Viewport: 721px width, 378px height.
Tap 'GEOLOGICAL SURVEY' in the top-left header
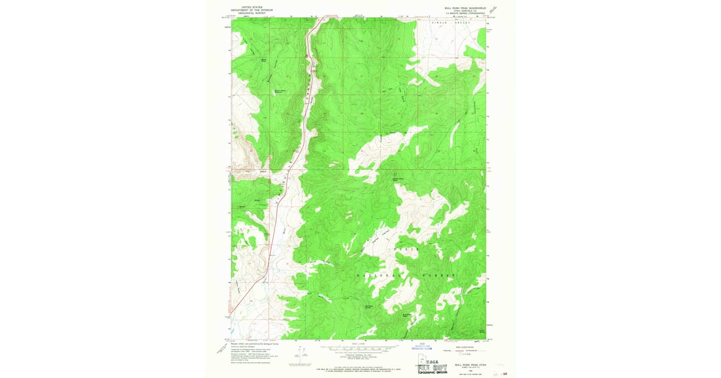coord(253,13)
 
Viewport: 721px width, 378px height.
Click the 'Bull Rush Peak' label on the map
coord(409,314)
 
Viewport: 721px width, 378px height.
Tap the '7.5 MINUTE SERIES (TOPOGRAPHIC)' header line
coord(465,16)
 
